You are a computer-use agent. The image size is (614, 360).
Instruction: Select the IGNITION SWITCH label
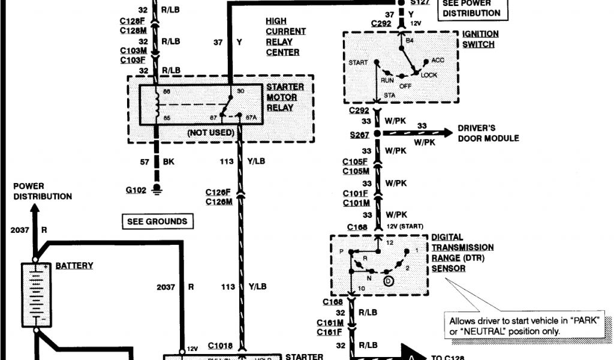(479, 39)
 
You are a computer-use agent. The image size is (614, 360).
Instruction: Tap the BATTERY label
(74, 265)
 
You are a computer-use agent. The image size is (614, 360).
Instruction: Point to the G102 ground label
(136, 190)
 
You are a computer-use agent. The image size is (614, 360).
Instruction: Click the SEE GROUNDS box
(157, 221)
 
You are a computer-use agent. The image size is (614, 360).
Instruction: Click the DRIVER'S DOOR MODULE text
(488, 133)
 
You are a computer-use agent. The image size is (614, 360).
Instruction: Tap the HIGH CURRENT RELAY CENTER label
(285, 37)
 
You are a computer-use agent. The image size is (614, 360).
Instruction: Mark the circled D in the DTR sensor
(389, 280)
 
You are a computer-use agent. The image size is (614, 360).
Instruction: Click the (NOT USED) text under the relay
(210, 132)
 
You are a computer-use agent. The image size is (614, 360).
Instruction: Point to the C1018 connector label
(220, 346)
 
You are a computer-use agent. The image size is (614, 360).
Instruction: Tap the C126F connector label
(218, 192)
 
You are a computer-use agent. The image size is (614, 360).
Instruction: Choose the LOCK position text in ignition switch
(429, 75)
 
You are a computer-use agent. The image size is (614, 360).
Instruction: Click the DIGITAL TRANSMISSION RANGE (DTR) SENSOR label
(462, 253)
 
